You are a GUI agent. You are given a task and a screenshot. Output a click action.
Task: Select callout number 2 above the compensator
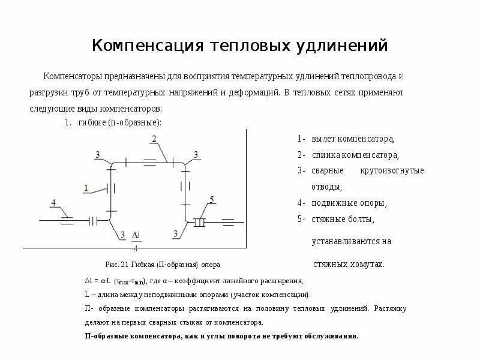[154, 139]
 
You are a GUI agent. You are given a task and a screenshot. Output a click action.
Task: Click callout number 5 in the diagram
[211, 199]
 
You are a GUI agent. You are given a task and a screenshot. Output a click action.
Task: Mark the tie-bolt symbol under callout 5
[200, 222]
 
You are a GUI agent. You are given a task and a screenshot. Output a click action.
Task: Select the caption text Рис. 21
[113, 265]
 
